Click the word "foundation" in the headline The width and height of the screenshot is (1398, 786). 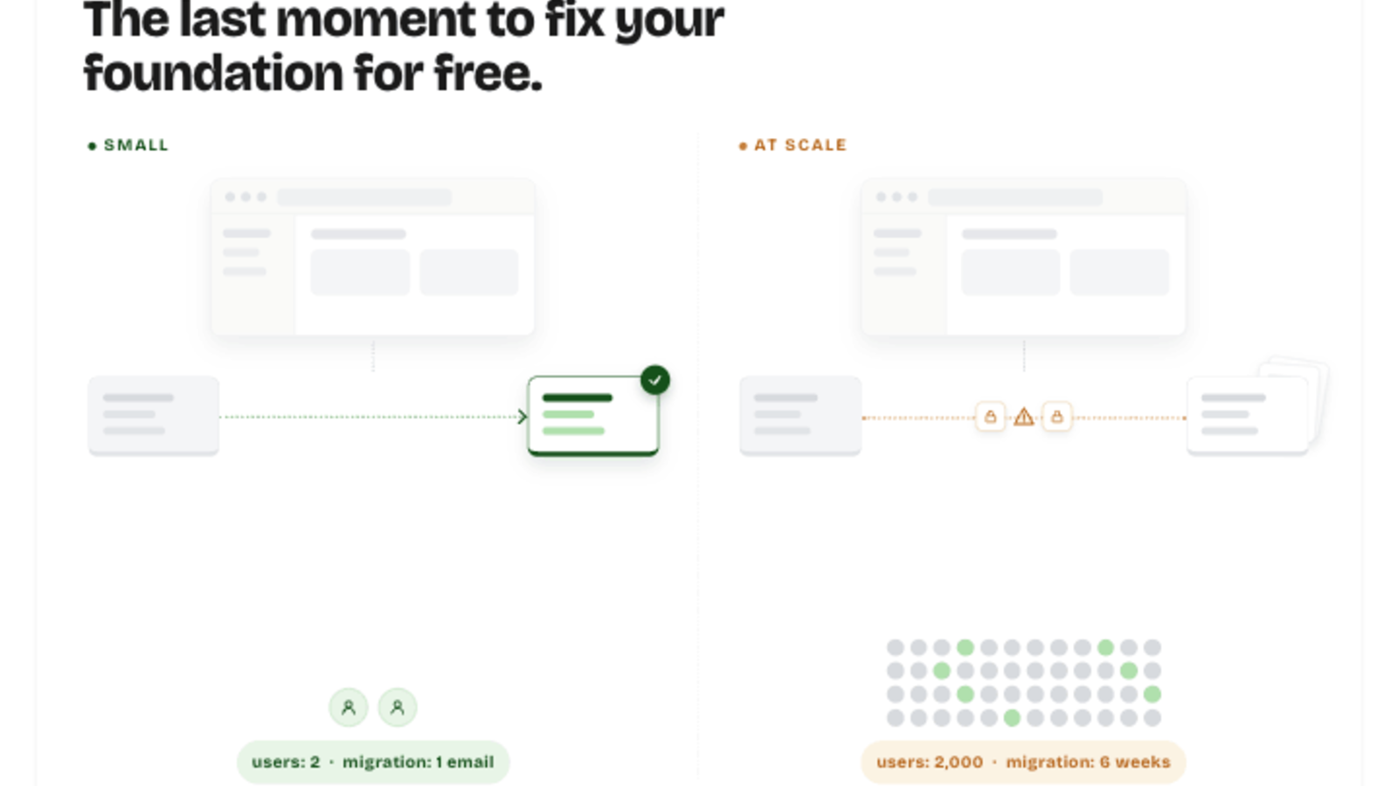(213, 73)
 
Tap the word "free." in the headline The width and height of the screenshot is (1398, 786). (488, 73)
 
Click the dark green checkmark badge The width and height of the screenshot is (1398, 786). (654, 380)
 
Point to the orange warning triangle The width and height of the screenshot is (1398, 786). (1023, 416)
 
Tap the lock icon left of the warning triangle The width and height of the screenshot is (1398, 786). (991, 416)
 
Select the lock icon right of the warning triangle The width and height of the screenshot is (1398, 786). (1056, 416)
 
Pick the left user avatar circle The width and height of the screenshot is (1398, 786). (349, 707)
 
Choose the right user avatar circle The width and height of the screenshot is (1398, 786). (397, 707)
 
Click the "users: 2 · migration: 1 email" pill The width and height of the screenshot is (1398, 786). (373, 762)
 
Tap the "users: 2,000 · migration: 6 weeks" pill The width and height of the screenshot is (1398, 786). (1023, 762)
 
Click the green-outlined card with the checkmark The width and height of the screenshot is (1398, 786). (593, 416)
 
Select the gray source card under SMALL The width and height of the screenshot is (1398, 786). (154, 416)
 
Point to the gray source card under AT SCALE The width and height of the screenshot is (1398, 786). (800, 416)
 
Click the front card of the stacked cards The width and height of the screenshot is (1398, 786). (1248, 416)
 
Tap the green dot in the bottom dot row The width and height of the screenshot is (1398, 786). (1012, 718)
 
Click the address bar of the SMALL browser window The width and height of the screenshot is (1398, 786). (364, 197)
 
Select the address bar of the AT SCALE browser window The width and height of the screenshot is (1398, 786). (1015, 197)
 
